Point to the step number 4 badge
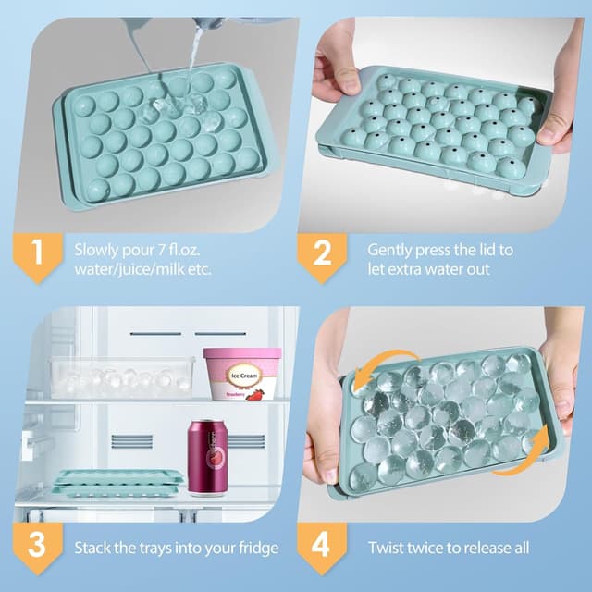[321, 546]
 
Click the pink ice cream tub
[242, 373]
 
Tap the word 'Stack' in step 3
[94, 548]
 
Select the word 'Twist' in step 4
[388, 548]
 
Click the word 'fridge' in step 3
[255, 548]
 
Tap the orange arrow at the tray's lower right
[516, 458]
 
